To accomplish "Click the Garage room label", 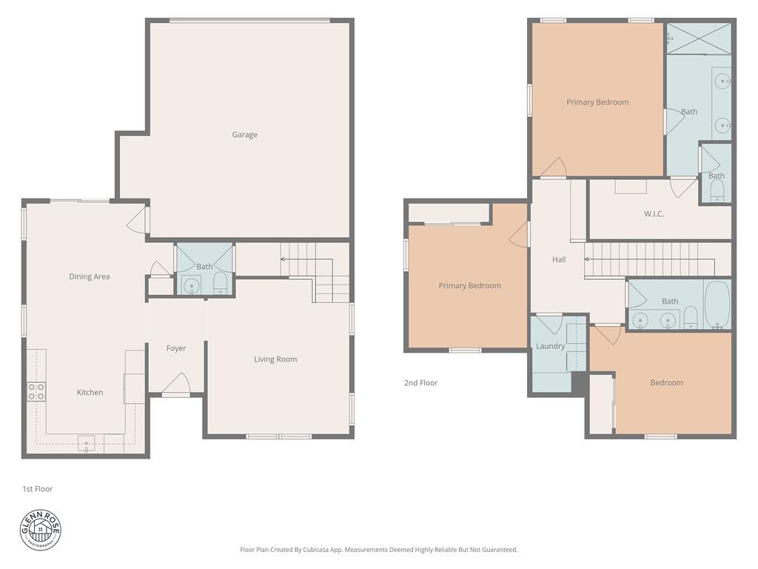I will [244, 135].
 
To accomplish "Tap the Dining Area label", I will [90, 276].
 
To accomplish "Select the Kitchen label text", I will [90, 392].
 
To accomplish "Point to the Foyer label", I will [176, 348].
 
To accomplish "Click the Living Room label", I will [275, 359].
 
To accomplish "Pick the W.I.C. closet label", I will [654, 214].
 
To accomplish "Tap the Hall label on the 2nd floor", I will [559, 259].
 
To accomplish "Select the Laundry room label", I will [550, 346].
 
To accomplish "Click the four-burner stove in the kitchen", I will [36, 391].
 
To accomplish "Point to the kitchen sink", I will [87, 444].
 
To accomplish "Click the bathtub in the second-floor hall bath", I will [717, 304].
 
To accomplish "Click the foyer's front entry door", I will [176, 385].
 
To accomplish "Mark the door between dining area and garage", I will [138, 220].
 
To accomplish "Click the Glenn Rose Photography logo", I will [41, 530].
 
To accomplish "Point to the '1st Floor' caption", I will [37, 489].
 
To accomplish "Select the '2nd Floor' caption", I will [420, 383].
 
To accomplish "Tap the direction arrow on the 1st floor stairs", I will [284, 259].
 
